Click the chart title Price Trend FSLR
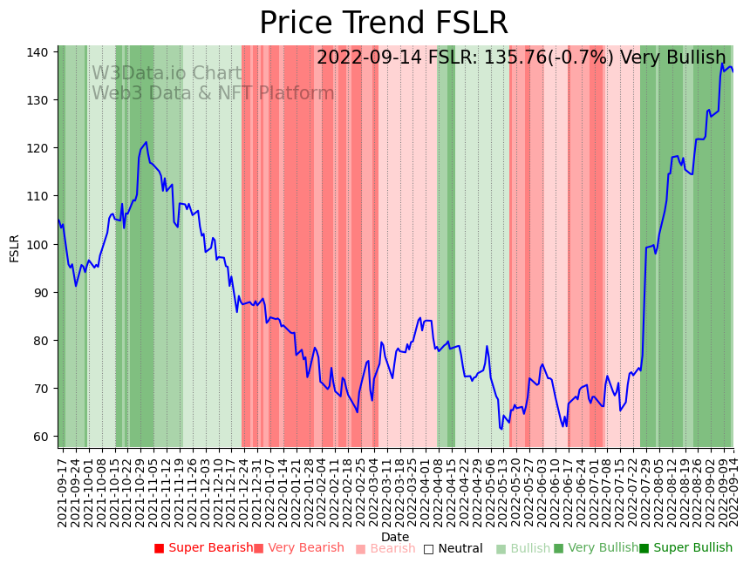[x=384, y=23]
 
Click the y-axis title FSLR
[x=14, y=248]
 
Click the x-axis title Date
[x=395, y=537]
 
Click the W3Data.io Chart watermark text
[x=167, y=73]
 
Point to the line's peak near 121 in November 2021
[x=146, y=142]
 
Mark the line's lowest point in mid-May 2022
[x=501, y=429]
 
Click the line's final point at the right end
[x=733, y=71]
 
